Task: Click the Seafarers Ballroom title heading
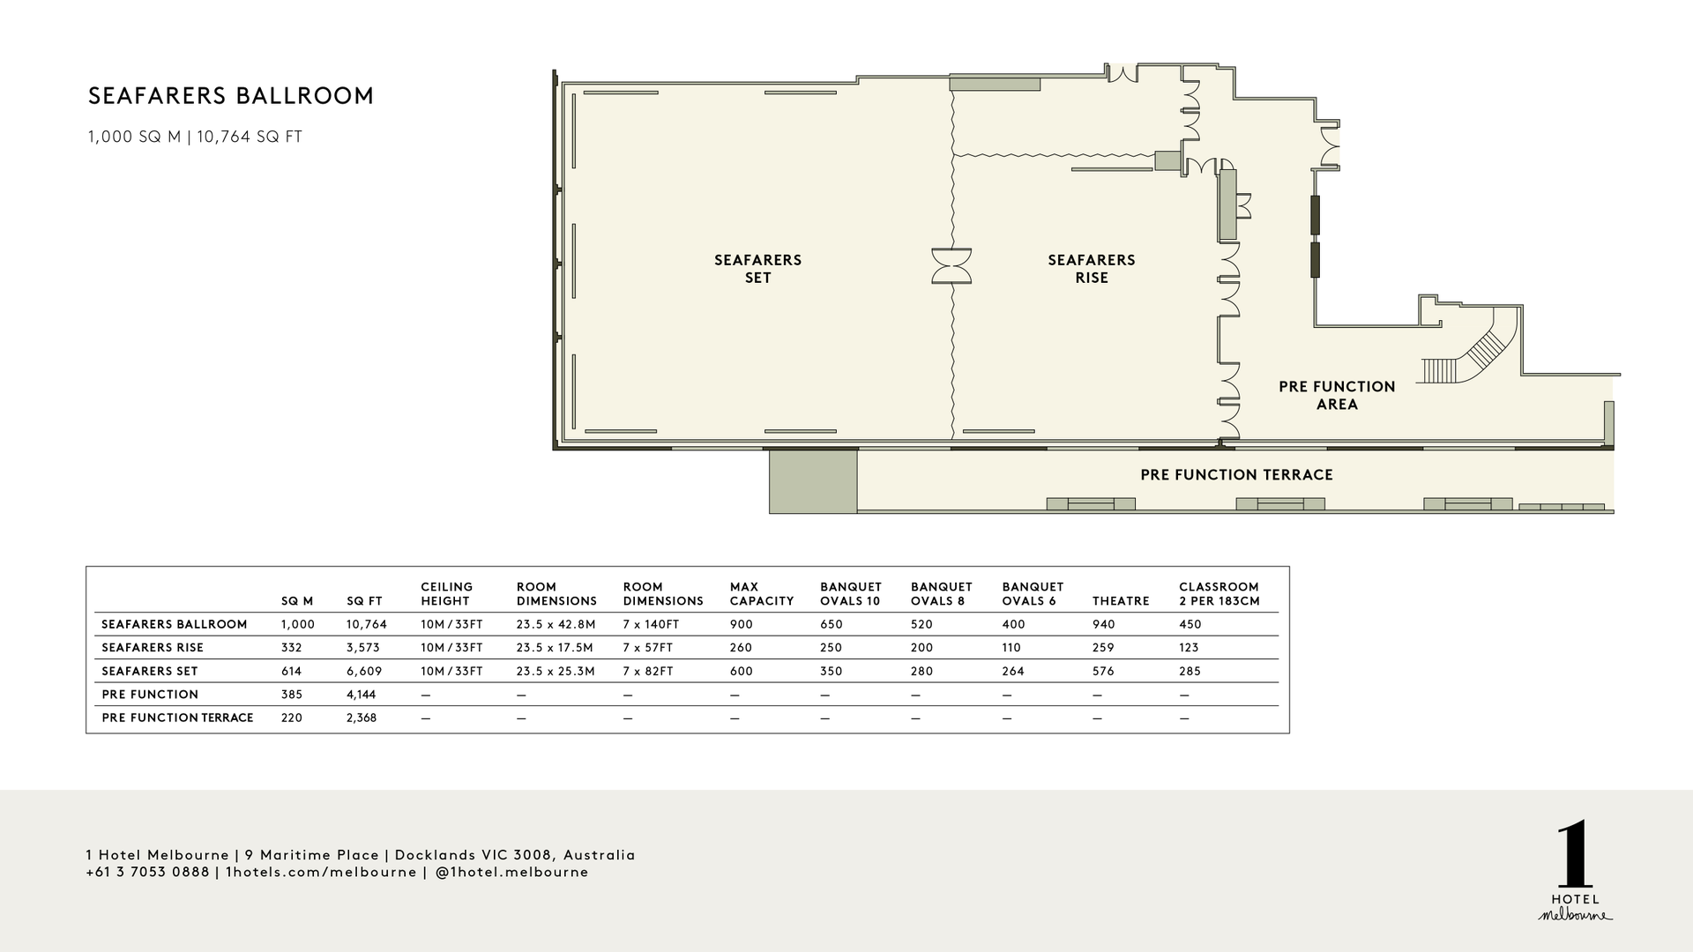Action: [x=231, y=96]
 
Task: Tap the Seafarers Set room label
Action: [x=757, y=269]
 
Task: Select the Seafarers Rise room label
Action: [x=1092, y=269]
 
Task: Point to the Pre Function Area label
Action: [x=1337, y=396]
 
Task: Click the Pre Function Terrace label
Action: [x=1236, y=475]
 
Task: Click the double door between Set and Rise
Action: [x=952, y=266]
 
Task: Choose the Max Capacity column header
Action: [x=762, y=594]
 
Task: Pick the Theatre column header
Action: [x=1121, y=601]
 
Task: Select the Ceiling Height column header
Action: [x=447, y=594]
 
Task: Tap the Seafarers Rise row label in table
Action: [x=153, y=648]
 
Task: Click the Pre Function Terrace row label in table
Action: [x=177, y=718]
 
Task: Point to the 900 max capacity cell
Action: [x=742, y=625]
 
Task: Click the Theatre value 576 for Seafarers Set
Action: [x=1103, y=672]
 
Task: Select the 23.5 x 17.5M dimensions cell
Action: [x=556, y=648]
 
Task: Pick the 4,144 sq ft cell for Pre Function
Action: [x=362, y=695]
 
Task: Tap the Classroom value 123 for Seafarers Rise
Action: [x=1189, y=648]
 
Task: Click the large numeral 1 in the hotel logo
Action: [x=1575, y=857]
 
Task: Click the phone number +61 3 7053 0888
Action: [x=147, y=873]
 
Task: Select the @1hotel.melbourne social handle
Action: [x=511, y=873]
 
